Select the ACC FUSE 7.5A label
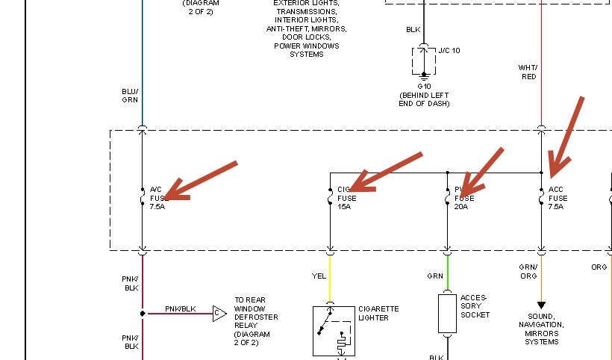tap(558, 198)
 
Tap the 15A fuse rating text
tap(344, 207)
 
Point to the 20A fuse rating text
tap(460, 207)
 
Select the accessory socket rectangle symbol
tap(447, 313)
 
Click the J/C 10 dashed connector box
tap(424, 60)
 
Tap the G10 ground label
tap(424, 87)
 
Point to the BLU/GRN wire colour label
tap(130, 96)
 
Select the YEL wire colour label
tap(319, 276)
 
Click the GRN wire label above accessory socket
tap(435, 276)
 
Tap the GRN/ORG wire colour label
tap(528, 270)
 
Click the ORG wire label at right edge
tap(600, 267)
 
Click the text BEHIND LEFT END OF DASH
tap(424, 99)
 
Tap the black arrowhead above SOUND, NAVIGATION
tap(541, 305)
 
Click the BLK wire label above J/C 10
tap(413, 30)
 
